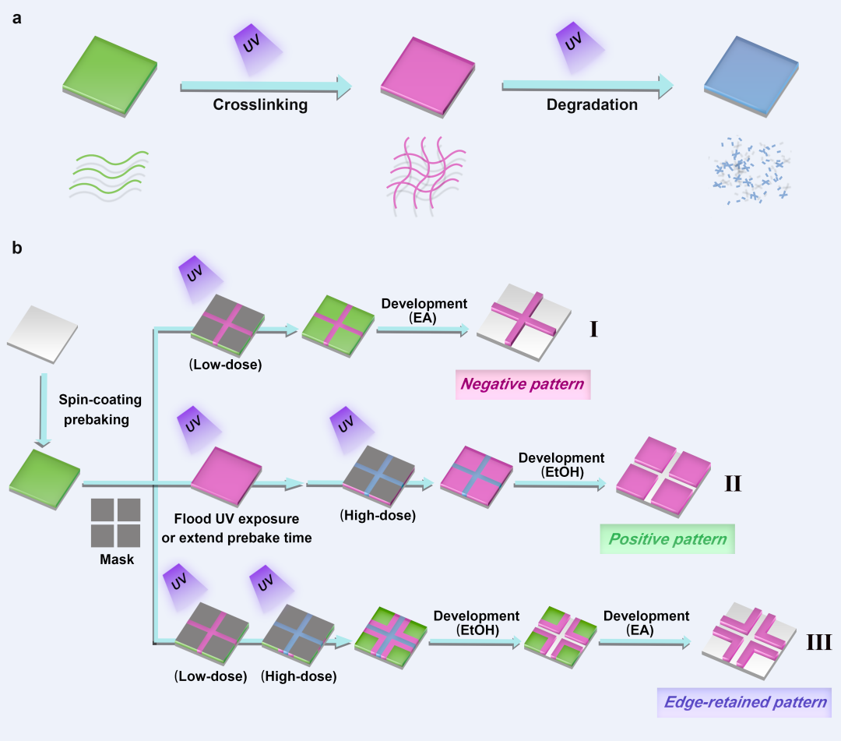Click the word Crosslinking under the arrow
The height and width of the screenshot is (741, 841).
[260, 104]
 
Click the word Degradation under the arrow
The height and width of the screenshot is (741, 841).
[592, 104]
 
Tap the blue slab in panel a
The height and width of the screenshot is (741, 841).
[751, 76]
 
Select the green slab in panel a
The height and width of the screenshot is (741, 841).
[110, 76]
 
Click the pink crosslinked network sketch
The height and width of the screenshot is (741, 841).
[427, 175]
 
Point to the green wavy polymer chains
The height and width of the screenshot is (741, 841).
[109, 175]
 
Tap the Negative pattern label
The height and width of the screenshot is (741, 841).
[523, 384]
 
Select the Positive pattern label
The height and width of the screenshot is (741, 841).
[667, 538]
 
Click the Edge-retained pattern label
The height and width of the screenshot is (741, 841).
[744, 702]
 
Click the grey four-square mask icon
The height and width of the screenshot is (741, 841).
[116, 523]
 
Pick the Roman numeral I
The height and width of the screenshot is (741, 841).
[593, 329]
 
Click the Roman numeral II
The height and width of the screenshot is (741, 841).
[734, 483]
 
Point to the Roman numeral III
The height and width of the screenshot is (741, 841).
[819, 642]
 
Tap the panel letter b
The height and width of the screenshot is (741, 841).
[17, 247]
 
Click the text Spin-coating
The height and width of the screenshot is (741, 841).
[100, 400]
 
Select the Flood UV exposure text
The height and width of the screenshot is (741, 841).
[237, 519]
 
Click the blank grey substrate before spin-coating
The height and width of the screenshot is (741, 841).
[42, 334]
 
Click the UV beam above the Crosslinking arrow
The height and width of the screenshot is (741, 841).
[256, 48]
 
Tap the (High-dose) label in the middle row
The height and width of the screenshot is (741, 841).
[378, 516]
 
